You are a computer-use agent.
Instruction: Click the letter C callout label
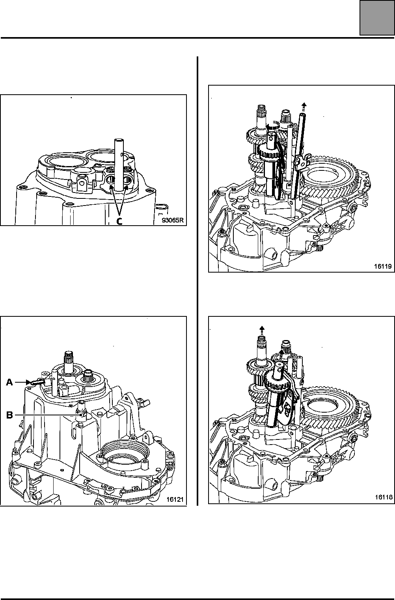pyautogui.click(x=119, y=221)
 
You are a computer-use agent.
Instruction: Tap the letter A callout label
pyautogui.click(x=9, y=382)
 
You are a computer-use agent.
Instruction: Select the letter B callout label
pyautogui.click(x=9, y=415)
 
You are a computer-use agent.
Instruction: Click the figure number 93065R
pyautogui.click(x=173, y=220)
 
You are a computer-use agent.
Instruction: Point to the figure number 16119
pyautogui.click(x=383, y=266)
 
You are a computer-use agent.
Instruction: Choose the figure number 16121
pyautogui.click(x=175, y=499)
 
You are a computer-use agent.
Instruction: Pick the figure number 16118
pyautogui.click(x=384, y=497)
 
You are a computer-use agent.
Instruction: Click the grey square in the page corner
pyautogui.click(x=377, y=18)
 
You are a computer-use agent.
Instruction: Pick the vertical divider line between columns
pyautogui.click(x=197, y=281)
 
